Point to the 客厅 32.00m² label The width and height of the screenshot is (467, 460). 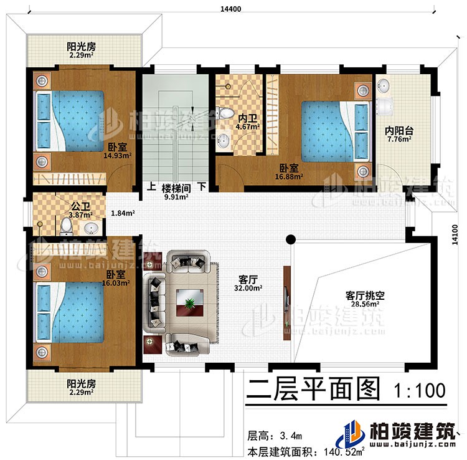[x=248, y=284]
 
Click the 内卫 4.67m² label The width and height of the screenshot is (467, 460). [x=242, y=121]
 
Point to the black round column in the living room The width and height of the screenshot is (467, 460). [x=290, y=237]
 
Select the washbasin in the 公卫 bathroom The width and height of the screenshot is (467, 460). [x=92, y=226]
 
